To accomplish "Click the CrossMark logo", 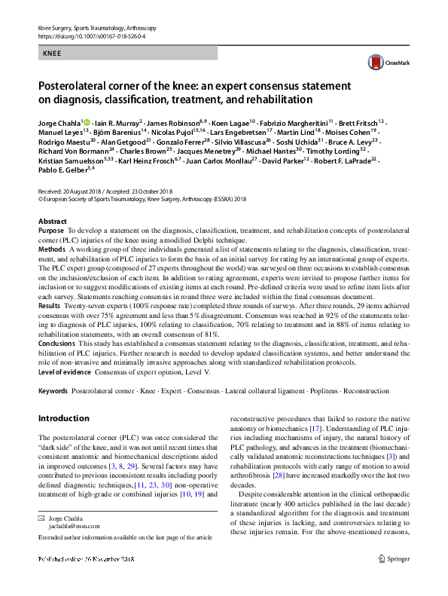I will click(x=381, y=63).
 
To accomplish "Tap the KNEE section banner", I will click(x=127, y=53).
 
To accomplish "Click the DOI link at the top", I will click(x=91, y=36).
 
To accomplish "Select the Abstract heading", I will click(x=52, y=222).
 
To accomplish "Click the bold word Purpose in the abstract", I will click(x=51, y=230).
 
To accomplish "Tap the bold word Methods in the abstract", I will click(x=52, y=248).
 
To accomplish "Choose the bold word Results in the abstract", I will click(x=50, y=306).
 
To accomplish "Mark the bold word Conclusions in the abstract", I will click(x=56, y=342).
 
